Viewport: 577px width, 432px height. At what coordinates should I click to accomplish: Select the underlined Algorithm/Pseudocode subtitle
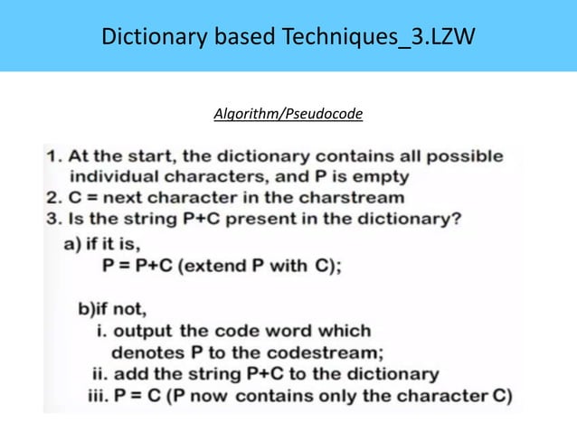(288, 115)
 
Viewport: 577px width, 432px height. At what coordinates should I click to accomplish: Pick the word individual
(117, 176)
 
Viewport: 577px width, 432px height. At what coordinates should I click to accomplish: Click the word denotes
(144, 352)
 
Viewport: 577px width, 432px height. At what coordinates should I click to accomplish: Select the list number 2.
(51, 198)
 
